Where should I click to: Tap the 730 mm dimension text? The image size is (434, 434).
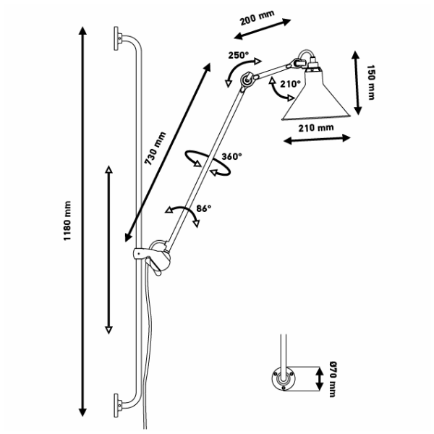155,149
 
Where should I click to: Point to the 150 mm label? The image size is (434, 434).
371,82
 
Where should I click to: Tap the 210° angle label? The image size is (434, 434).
290,84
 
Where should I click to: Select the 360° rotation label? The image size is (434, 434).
231,156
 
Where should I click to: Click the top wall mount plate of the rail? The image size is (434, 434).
116,37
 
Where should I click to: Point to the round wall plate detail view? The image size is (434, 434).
280,378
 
